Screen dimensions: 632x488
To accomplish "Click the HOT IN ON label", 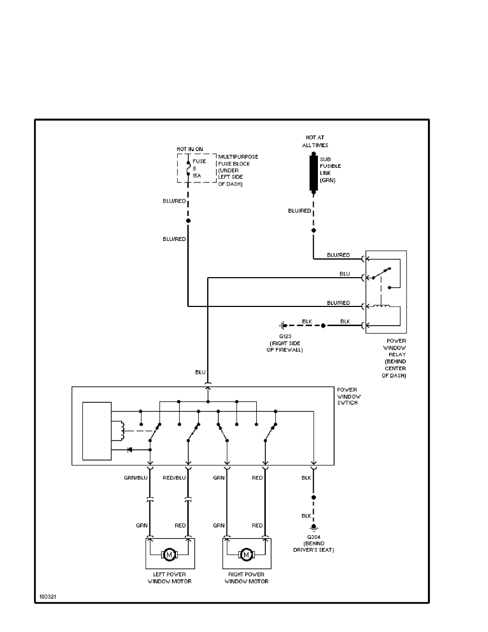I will (190, 148).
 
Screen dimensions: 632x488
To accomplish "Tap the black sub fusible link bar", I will (313, 173).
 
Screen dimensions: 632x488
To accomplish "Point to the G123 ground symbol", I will (283, 325).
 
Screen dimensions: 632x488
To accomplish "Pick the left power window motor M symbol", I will (170, 555).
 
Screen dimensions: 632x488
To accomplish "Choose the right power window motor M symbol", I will (246, 555).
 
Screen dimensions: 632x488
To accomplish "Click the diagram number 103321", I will (47, 597).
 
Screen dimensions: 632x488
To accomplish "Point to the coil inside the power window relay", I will (382, 306).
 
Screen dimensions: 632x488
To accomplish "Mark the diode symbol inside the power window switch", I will (129, 450).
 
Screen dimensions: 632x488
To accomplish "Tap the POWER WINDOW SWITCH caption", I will (347, 396).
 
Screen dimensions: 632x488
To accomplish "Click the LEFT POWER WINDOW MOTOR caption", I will (170, 578).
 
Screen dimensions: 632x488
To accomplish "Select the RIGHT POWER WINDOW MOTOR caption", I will (246, 578).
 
